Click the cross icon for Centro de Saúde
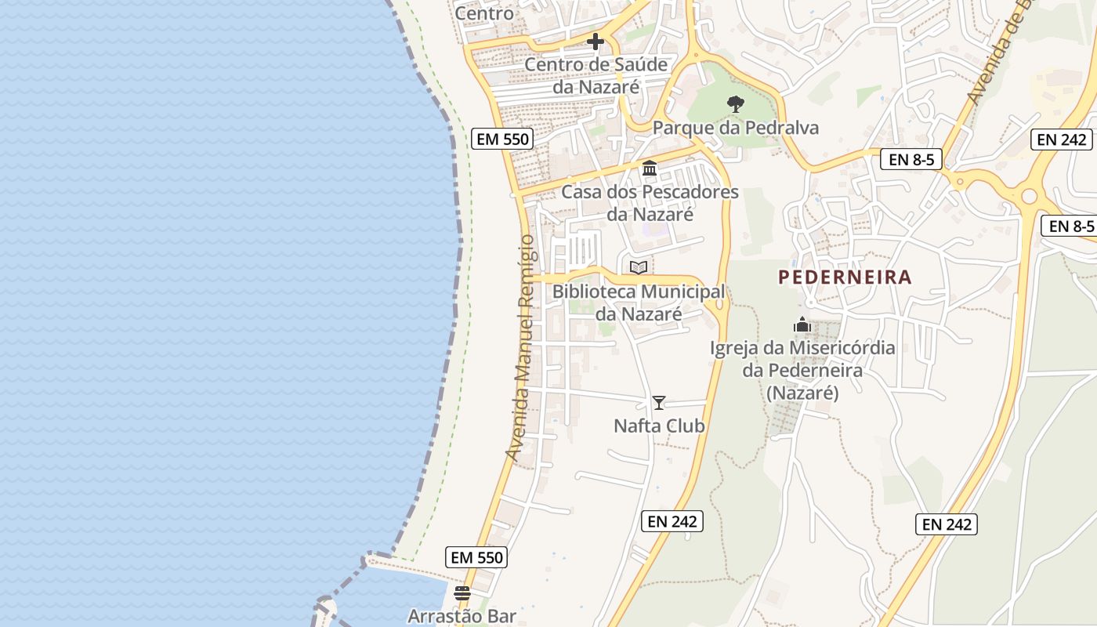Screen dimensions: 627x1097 coord(596,42)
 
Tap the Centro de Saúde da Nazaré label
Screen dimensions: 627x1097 coord(596,75)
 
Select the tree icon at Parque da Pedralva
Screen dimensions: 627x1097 coord(735,103)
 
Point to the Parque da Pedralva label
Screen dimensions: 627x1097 coord(735,128)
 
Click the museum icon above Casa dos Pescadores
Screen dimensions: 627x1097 coord(650,169)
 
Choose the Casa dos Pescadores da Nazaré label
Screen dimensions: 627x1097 coord(650,202)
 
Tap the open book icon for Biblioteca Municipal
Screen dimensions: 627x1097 coord(639,268)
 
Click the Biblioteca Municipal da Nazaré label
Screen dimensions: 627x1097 coord(639,303)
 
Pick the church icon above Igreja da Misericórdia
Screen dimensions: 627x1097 coord(802,324)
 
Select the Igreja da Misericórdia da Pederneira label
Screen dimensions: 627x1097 coord(802,370)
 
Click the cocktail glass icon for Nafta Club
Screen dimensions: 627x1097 coord(659,403)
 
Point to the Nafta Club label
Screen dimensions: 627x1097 coord(659,426)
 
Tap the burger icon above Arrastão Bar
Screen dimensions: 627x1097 coord(462,593)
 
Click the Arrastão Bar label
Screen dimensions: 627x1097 coord(462,616)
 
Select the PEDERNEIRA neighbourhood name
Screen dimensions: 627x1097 coord(845,277)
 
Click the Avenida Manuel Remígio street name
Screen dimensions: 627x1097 coord(521,347)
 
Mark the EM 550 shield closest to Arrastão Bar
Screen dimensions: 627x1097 coord(477,557)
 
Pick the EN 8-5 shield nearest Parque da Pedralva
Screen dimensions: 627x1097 coord(910,160)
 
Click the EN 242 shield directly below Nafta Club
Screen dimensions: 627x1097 coord(672,520)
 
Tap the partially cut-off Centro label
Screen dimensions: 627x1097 coord(484,13)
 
